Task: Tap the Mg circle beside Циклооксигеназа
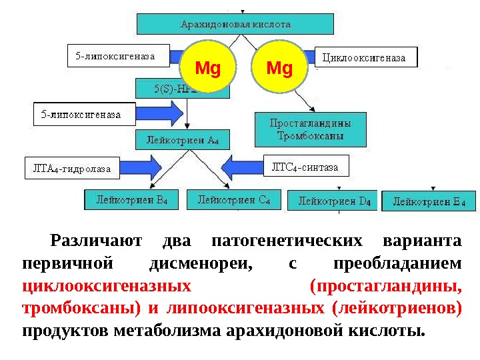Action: click(x=280, y=68)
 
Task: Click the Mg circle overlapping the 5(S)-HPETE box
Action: click(x=207, y=68)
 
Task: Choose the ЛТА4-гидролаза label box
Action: click(x=67, y=169)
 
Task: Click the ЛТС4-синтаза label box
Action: click(x=306, y=167)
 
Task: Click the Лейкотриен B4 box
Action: click(x=132, y=199)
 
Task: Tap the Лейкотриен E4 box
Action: click(x=429, y=201)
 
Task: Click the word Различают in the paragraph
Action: click(x=93, y=241)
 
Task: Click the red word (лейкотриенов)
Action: click(x=399, y=309)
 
